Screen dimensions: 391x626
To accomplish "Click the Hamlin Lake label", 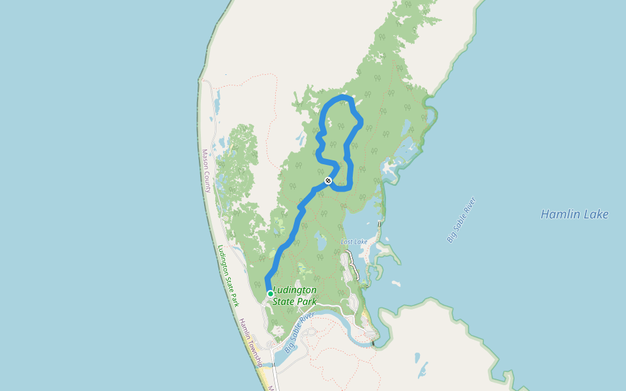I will tap(574, 214).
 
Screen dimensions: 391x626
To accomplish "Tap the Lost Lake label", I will tap(354, 242).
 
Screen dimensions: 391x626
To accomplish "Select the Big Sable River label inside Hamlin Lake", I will tap(462, 220).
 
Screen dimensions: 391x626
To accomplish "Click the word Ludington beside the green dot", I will tap(295, 290).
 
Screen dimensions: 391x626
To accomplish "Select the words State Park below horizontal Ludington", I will tap(295, 302).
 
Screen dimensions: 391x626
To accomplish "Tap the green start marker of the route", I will tap(270, 294).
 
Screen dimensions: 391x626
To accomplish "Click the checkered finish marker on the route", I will tap(328, 181).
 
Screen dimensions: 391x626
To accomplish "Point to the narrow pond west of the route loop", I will tap(301, 138).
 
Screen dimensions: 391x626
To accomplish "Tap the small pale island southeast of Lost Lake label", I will tap(396, 283).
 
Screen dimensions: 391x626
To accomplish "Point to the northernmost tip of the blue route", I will tap(342, 96).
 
